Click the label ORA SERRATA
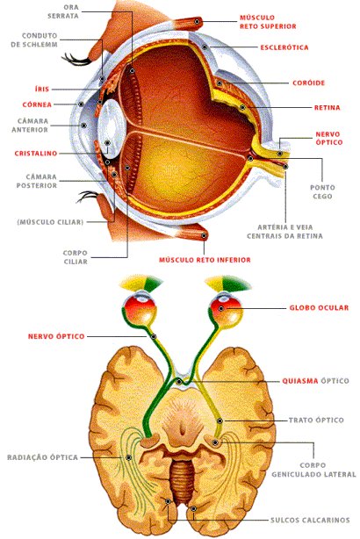tap(63, 11)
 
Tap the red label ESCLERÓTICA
tap(284, 47)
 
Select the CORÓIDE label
tap(308, 83)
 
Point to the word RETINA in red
tap(327, 108)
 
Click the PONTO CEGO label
tap(322, 192)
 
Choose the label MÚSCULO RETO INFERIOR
tap(205, 260)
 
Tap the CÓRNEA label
tap(37, 104)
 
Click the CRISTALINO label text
tap(36, 154)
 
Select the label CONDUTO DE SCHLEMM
tap(34, 40)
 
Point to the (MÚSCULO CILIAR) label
tap(50, 222)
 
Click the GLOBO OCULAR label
tap(319, 307)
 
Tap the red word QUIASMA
tap(299, 381)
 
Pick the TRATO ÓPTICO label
tap(316, 420)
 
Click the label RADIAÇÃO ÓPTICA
tap(42, 457)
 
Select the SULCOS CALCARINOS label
tap(310, 520)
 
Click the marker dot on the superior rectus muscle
tap(197, 21)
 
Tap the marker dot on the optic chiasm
tap(179, 382)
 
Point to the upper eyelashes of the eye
tap(76, 60)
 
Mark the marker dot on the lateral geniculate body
tap(216, 442)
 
